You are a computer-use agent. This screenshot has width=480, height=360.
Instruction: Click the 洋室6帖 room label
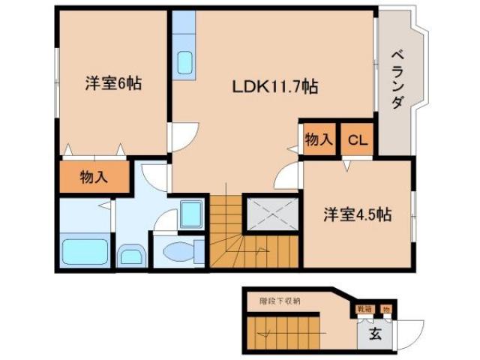pos(112,83)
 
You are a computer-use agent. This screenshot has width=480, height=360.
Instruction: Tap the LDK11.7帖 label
pos(274,88)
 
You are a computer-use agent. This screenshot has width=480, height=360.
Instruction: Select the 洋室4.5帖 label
pos(357,214)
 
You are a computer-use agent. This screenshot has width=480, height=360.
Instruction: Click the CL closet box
pos(357,139)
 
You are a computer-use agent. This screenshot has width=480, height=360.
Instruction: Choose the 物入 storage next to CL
pos(318,139)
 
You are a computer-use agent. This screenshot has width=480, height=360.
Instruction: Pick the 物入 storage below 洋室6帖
pos(94,177)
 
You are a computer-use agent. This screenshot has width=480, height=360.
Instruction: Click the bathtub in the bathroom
pos(84,250)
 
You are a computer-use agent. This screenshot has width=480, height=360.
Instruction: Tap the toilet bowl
pos(178,252)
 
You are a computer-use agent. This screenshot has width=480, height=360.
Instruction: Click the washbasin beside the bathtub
pos(130,256)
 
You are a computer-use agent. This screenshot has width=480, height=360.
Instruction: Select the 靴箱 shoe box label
pos(364,308)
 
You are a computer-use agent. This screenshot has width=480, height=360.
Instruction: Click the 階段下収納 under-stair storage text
pos(280,301)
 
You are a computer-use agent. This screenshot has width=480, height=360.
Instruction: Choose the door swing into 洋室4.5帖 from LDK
pos(288,178)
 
